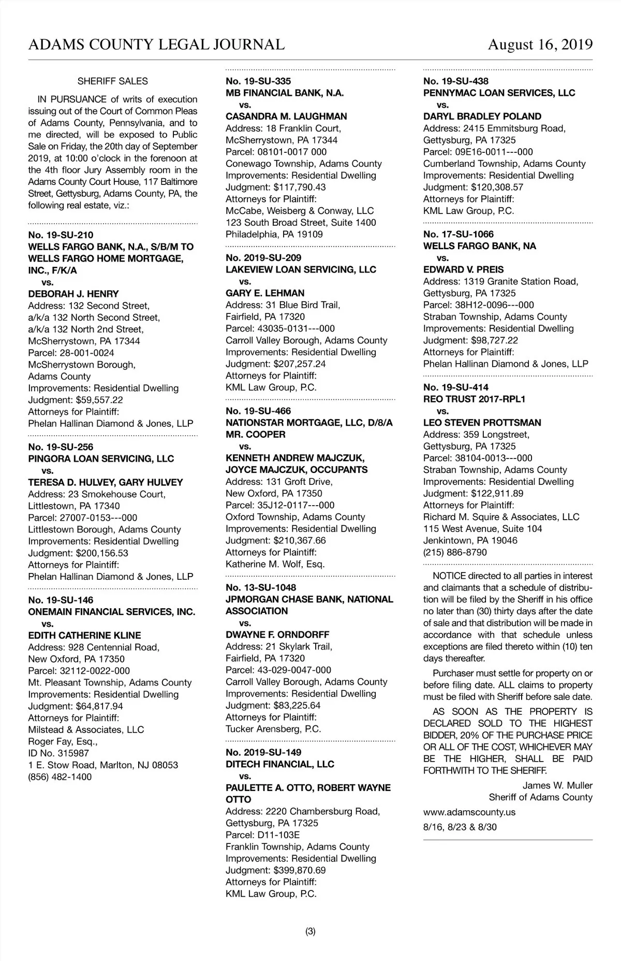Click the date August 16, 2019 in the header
point(540,45)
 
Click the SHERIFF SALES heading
point(112,81)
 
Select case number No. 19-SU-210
point(61,235)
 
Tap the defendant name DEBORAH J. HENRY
point(73,294)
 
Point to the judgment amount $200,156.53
point(102,553)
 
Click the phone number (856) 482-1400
point(60,777)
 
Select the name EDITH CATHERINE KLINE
point(84,635)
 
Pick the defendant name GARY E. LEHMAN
point(265,293)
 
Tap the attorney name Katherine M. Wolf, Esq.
point(275,564)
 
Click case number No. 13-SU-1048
point(261,587)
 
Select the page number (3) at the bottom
point(310,931)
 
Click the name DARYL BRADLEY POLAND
point(482,117)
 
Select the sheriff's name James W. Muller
point(557,785)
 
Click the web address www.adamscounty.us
point(469,812)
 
